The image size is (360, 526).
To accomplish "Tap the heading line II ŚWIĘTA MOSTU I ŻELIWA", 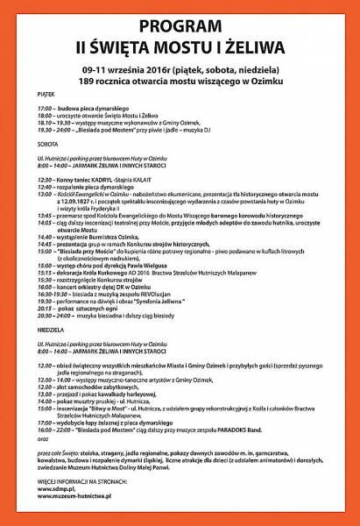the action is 180,43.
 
